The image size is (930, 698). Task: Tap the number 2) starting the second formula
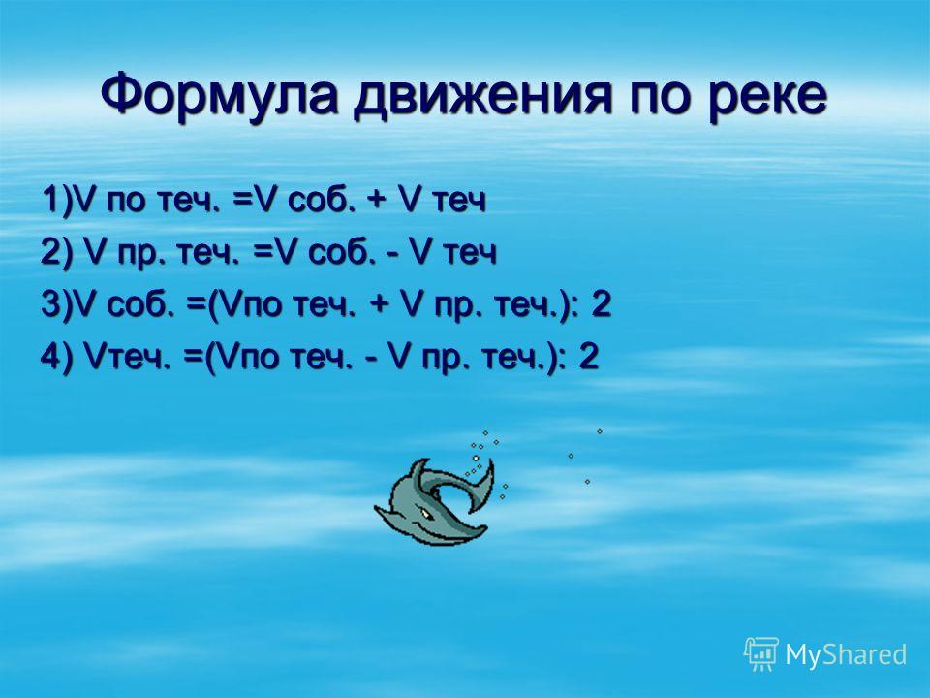click(56, 252)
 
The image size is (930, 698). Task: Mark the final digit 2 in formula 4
click(588, 358)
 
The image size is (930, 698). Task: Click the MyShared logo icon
click(761, 653)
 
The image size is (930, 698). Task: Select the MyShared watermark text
click(846, 654)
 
